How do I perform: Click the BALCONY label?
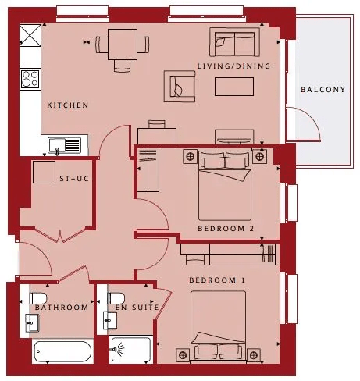pos(323,90)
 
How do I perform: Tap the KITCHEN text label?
pos(68,105)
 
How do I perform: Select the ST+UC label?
pos(74,179)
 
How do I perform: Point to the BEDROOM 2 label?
pos(226,229)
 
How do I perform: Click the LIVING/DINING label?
pos(233,66)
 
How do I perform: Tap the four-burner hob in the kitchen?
pos(30,79)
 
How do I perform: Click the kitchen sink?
pos(64,146)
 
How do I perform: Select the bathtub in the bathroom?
pos(62,351)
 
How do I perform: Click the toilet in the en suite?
pos(116,298)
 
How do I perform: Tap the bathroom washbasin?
pos(32,323)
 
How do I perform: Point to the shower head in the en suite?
pos(118,348)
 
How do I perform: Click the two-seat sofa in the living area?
pos(234,42)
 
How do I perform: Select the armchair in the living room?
pos(180,86)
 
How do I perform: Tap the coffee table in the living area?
pos(234,87)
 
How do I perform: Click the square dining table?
pos(123,45)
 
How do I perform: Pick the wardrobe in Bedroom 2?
pos(148,169)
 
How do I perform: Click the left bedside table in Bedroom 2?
pos(191,156)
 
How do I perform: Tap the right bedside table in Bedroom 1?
pos(254,355)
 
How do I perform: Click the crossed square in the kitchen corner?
pos(30,36)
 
